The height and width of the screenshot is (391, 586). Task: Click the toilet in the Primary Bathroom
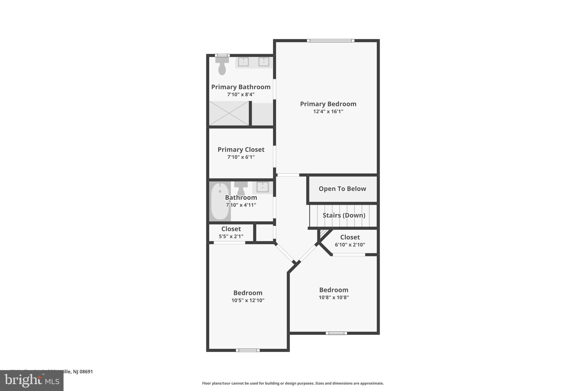222,66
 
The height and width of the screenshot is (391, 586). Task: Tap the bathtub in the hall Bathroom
220,201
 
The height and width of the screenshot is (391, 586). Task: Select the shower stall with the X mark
229,113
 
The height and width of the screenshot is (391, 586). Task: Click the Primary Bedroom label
328,104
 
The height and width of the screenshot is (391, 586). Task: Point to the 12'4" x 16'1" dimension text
328,111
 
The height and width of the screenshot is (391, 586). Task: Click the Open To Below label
342,189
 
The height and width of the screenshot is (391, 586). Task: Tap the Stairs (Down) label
344,215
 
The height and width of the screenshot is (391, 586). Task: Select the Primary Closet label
241,150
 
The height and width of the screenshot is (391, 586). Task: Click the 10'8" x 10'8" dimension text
334,297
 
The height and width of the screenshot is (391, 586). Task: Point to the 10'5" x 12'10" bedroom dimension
248,300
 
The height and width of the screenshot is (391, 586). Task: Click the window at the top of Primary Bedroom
330,41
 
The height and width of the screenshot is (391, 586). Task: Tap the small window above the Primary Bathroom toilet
222,55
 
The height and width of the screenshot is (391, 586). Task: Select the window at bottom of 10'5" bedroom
248,350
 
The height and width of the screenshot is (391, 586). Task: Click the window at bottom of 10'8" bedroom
336,333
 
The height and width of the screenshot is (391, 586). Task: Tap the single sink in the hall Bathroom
262,187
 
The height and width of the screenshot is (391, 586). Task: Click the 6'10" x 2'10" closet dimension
350,245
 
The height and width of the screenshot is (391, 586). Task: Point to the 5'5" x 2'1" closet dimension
231,236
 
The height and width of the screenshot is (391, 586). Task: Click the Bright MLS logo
32,380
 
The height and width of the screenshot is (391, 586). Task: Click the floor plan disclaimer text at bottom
293,383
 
